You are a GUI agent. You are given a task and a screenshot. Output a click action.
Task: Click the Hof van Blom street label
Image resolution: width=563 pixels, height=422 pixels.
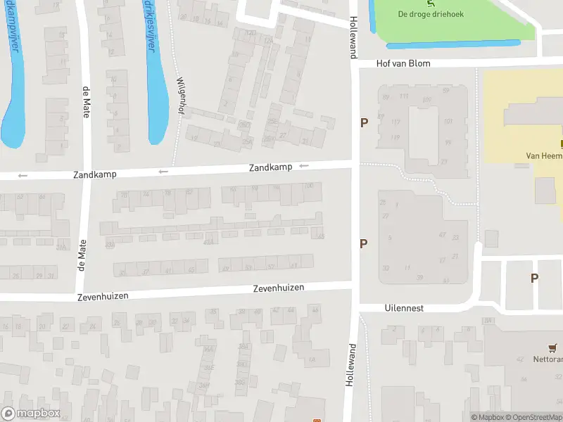tap(403, 63)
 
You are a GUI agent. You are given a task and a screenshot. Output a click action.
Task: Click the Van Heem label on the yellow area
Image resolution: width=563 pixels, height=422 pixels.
tap(544, 156)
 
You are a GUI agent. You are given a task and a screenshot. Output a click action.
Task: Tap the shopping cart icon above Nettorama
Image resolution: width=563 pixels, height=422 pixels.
tap(553, 348)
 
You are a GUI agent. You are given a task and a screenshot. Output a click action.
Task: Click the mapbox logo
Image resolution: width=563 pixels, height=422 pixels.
tap(31, 414)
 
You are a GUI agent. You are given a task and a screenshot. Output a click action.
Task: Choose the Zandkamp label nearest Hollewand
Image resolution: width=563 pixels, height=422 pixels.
tap(270, 167)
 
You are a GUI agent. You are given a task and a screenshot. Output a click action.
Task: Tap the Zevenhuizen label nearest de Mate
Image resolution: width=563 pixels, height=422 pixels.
tap(103, 296)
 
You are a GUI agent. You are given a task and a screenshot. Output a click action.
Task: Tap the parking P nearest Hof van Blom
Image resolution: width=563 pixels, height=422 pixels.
tap(364, 123)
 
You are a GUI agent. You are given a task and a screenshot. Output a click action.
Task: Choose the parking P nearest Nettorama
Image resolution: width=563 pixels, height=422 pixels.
tap(534, 278)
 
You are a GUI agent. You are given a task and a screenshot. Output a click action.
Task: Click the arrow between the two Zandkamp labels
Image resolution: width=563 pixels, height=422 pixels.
tap(163, 171)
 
